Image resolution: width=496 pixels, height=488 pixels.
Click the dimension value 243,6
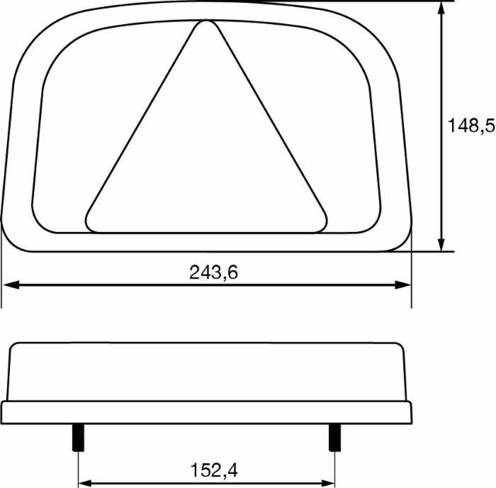tap(213, 272)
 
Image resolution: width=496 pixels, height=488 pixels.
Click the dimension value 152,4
tap(213, 470)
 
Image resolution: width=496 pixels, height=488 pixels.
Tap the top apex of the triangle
tap(206, 24)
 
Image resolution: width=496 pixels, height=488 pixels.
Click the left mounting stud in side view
tap(77, 437)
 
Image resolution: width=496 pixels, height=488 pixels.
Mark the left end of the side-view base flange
tap(4, 412)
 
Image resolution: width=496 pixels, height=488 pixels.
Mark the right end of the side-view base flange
tap(410, 412)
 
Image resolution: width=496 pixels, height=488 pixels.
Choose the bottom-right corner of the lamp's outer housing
tap(404, 241)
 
